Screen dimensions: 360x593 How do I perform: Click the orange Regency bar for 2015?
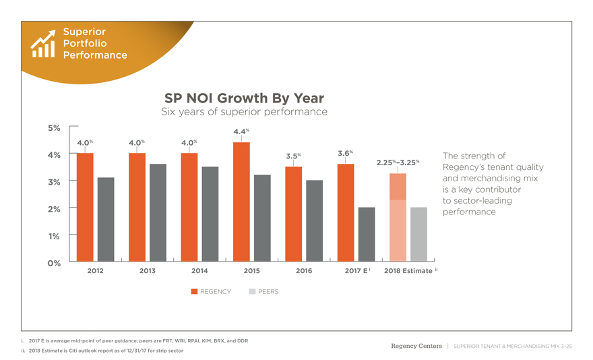coord(241,202)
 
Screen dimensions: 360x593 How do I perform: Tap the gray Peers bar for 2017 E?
coord(367,234)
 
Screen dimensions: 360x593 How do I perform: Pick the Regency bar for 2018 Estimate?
coord(398,217)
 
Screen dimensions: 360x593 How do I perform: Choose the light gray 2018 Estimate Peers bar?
coord(418,234)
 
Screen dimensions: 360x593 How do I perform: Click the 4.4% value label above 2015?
coord(241,131)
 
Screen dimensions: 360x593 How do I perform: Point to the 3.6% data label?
coord(345,153)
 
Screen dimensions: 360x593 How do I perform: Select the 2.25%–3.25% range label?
coord(398,162)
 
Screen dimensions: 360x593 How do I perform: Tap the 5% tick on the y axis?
coord(53,127)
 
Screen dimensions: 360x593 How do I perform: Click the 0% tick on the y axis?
coord(53,263)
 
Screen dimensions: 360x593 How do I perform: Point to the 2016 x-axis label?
coord(304,271)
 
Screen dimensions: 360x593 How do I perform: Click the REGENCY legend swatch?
coord(194,292)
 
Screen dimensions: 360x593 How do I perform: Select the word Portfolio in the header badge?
coord(85,43)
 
